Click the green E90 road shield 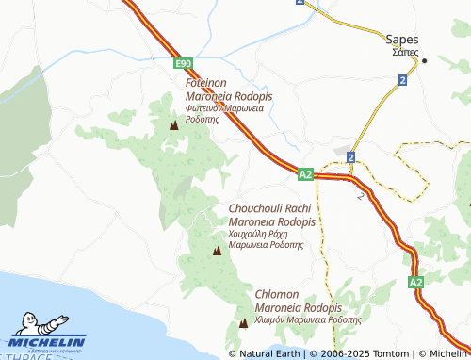point(184,63)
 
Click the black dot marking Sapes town point(425,62)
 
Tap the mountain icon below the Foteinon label point(172,124)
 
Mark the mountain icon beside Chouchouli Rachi point(218,251)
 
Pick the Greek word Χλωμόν point(273,319)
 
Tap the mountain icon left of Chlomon point(244,323)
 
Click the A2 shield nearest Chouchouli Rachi point(304,174)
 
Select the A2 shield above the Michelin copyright point(416,282)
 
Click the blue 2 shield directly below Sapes point(402,81)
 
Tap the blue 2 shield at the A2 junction point(350,156)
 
